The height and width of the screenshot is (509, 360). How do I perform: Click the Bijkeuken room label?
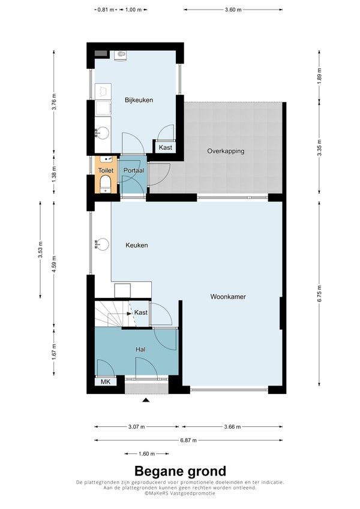139,100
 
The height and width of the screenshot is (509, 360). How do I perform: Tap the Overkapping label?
226,151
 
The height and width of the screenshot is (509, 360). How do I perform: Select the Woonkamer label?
228,296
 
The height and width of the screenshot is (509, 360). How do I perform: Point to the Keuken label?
137,245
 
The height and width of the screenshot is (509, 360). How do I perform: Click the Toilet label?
106,170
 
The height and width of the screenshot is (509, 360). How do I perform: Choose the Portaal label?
134,170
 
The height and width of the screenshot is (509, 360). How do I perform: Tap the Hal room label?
140,350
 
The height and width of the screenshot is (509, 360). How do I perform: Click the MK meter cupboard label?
106,382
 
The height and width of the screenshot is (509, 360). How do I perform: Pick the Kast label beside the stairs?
140,312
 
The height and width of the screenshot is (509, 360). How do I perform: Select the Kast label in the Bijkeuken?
166,147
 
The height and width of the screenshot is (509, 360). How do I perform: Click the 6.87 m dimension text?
188,441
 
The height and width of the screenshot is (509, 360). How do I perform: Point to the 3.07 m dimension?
136,426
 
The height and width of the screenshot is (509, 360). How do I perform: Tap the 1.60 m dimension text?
146,454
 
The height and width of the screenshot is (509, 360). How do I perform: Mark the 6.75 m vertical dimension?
320,294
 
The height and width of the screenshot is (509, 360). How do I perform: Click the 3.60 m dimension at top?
233,10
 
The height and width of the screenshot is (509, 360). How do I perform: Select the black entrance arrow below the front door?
146,400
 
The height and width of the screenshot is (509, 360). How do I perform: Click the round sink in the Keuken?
103,244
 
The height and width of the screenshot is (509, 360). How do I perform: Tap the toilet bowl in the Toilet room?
106,183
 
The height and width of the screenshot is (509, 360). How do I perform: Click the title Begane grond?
181,471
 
